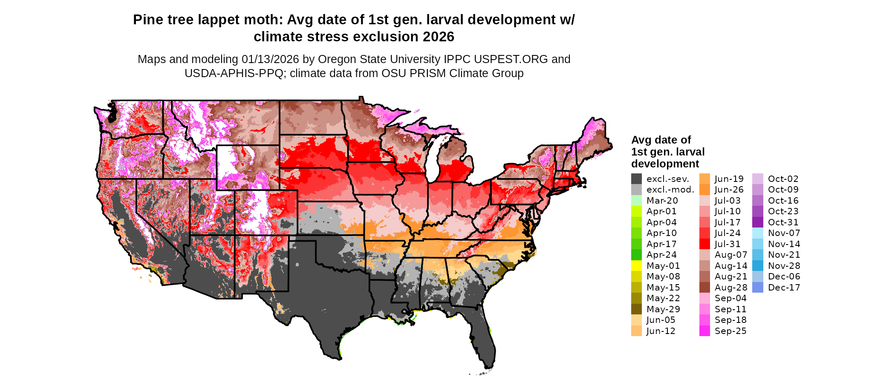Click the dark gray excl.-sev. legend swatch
click(636, 179)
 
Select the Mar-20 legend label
click(662, 201)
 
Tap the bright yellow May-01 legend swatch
click(636, 266)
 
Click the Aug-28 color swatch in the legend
click(704, 288)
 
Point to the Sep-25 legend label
click(730, 331)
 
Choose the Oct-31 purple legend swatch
click(758, 222)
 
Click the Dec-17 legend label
click(784, 288)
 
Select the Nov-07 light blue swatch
click(758, 233)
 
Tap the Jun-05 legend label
click(661, 320)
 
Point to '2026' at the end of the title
click(439, 37)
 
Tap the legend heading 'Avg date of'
click(661, 140)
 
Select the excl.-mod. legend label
click(670, 190)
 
